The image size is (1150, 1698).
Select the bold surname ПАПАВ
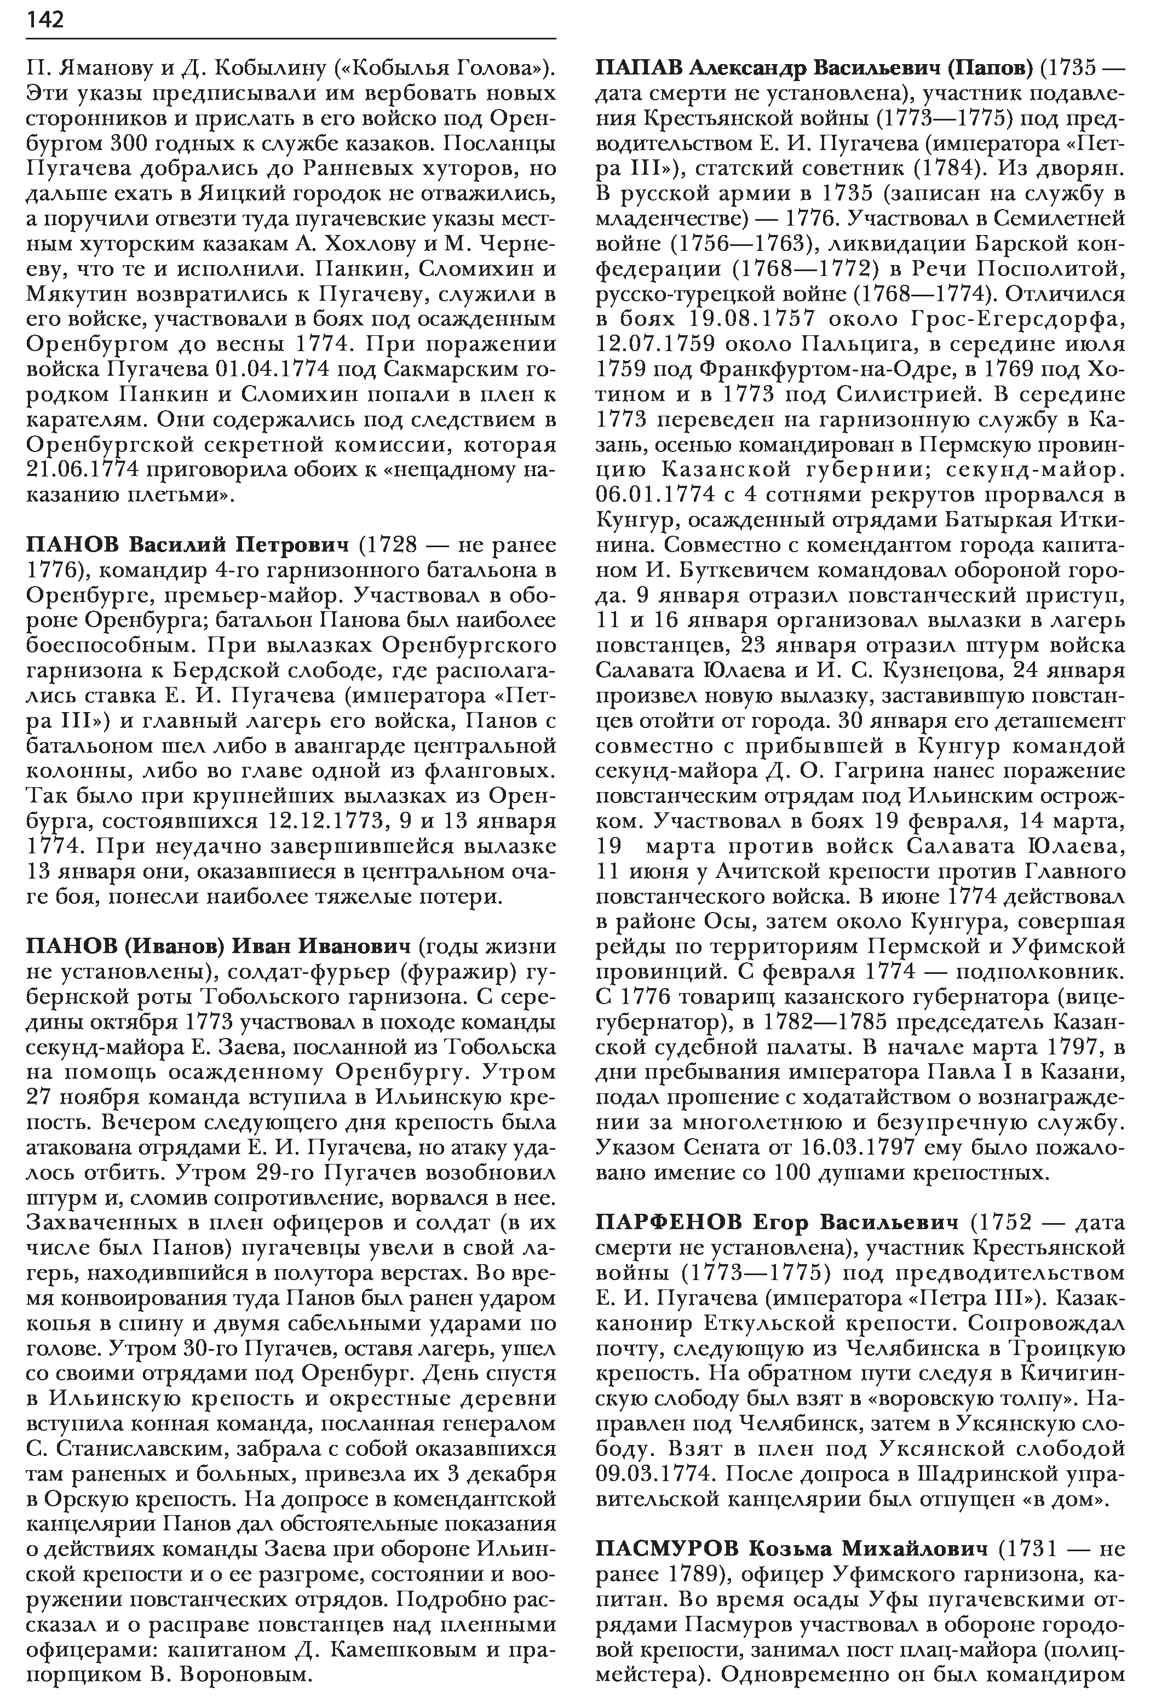click(x=639, y=70)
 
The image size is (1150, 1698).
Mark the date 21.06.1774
click(x=82, y=470)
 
